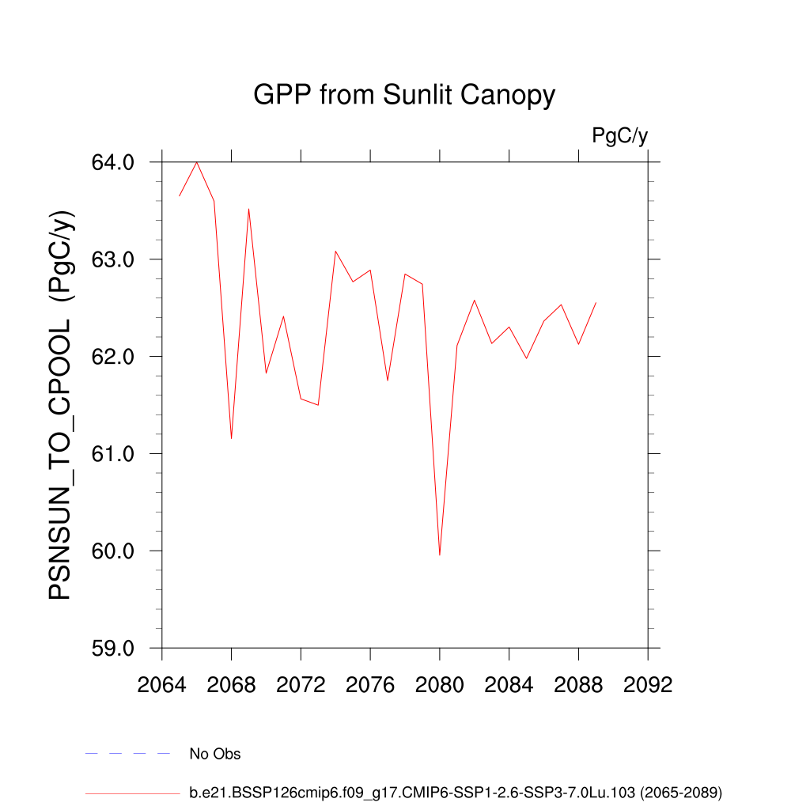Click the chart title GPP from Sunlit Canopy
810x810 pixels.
click(404, 96)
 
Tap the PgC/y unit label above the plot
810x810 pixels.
click(620, 136)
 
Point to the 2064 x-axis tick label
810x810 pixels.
click(162, 684)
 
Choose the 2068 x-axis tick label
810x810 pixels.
click(232, 684)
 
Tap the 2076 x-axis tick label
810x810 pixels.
click(370, 684)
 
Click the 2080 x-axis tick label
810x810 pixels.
click(440, 684)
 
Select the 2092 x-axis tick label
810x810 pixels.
click(648, 684)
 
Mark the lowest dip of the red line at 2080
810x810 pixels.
click(440, 555)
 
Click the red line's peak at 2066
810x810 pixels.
click(197, 162)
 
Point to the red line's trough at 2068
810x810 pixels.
click(231, 438)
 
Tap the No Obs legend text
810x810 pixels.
click(215, 754)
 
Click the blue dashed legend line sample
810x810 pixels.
click(128, 754)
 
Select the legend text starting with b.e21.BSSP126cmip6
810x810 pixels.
click(456, 792)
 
